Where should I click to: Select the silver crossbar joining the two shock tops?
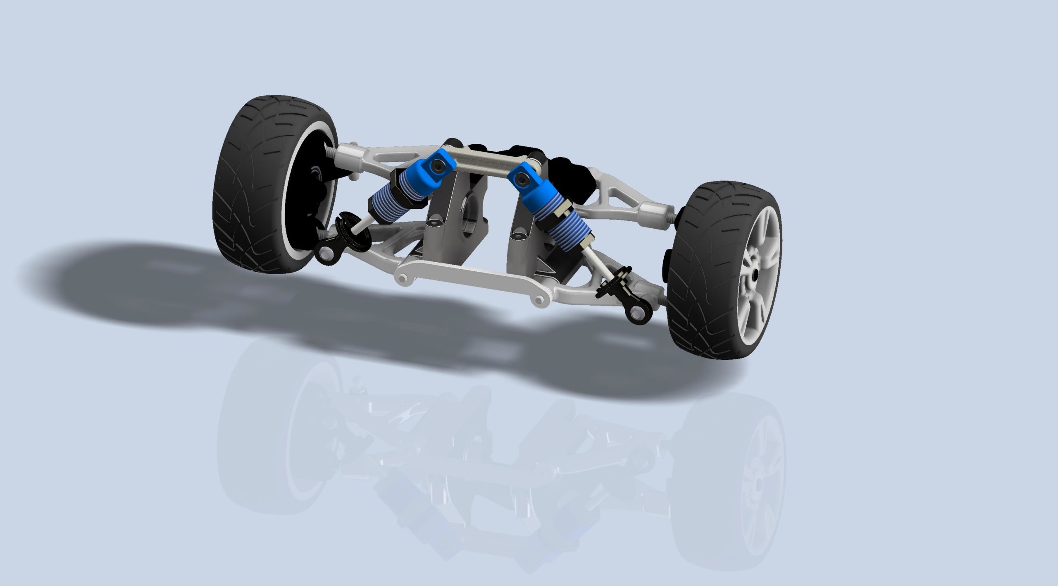(484, 163)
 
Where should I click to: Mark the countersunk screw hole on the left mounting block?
(434, 222)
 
